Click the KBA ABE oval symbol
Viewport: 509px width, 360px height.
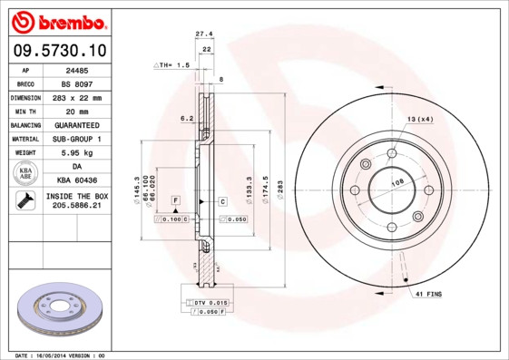(26, 174)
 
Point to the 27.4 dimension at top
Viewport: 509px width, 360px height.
(204, 34)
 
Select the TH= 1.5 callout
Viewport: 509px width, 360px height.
(171, 65)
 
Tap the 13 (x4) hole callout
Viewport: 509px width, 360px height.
(419, 120)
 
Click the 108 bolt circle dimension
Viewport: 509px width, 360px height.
(396, 183)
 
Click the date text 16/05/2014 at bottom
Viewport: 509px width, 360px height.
(63, 355)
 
